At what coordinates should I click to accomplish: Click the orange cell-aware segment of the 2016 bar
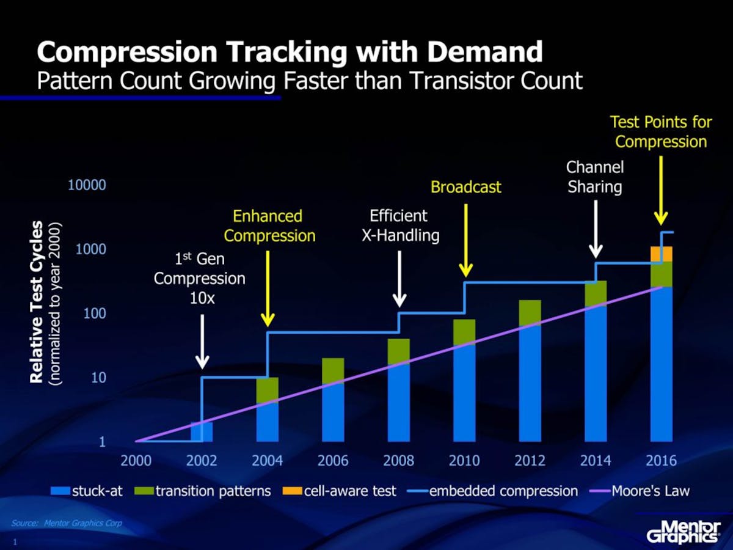pos(661,254)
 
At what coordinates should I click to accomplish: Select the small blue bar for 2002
pos(202,431)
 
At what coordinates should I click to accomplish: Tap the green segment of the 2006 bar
pos(333,370)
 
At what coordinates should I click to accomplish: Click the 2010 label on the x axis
pos(464,460)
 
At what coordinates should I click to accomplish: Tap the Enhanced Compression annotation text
pos(268,226)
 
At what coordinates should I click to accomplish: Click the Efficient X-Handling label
pos(400,226)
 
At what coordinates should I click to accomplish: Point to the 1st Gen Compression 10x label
pos(199,279)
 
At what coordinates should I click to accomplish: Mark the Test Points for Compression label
pos(661,132)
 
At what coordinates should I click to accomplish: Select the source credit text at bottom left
pos(67,523)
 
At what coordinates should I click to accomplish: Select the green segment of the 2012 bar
pos(530,312)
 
